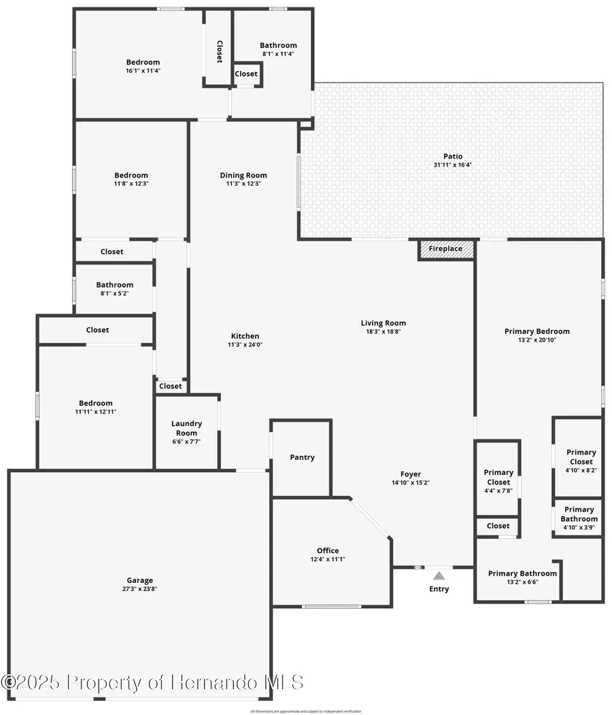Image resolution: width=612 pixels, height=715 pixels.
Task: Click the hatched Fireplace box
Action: (445, 249)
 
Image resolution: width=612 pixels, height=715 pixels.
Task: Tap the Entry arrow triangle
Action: (439, 575)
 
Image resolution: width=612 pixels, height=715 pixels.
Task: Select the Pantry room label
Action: (302, 457)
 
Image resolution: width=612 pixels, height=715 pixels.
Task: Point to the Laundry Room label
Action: (186, 429)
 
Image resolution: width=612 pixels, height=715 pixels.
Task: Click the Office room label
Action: (328, 550)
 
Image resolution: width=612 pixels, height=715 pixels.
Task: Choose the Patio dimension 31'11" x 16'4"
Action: (453, 165)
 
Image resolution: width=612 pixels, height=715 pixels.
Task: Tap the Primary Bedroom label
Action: (537, 331)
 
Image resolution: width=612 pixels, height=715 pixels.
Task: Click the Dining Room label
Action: (243, 175)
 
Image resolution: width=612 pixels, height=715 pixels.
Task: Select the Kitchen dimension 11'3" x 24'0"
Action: (245, 344)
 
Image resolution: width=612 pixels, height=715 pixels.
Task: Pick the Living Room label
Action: (384, 323)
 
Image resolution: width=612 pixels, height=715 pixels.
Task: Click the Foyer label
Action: (410, 474)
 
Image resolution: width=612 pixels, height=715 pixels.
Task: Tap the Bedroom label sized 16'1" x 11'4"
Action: (143, 62)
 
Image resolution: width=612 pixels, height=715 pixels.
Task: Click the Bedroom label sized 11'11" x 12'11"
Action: (95, 403)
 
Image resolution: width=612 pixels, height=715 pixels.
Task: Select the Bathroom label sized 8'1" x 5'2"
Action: (114, 285)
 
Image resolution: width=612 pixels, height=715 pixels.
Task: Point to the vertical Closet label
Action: (219, 52)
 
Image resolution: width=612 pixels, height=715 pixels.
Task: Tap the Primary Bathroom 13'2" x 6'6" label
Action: (522, 573)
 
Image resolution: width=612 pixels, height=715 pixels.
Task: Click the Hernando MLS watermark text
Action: (152, 682)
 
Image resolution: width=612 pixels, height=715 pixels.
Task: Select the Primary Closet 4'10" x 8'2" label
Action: (581, 456)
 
